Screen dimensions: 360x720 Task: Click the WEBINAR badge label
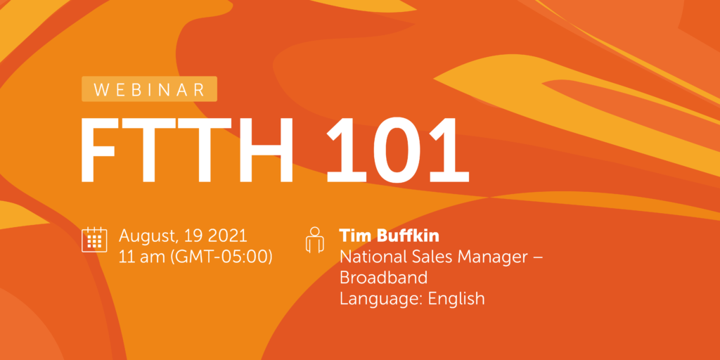pos(149,89)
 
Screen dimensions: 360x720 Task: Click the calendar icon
pos(94,239)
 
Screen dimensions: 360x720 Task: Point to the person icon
pos(315,239)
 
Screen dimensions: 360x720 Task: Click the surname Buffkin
pos(406,235)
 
